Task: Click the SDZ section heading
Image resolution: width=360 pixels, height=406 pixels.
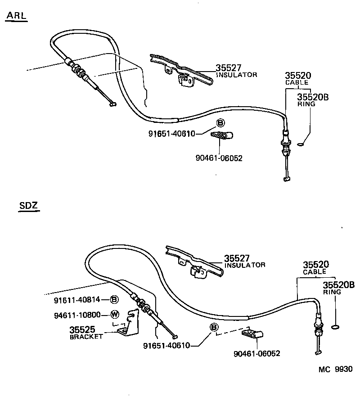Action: (29, 207)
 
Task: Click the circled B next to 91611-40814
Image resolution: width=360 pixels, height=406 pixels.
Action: (114, 300)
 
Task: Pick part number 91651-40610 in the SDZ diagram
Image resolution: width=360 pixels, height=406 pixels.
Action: (166, 346)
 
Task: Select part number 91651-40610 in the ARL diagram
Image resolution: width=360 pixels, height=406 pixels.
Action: (172, 133)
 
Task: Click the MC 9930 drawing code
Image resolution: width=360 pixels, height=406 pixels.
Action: (335, 369)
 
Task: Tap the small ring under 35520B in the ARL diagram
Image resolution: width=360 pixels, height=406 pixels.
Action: (301, 144)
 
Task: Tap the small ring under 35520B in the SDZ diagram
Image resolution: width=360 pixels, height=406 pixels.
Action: (334, 326)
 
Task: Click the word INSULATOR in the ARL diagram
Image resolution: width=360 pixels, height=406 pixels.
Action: (237, 75)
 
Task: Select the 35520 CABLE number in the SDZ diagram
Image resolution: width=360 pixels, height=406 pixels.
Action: (315, 265)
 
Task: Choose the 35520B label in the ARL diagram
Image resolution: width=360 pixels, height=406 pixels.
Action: (313, 96)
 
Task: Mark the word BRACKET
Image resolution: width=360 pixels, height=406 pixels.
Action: (86, 336)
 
